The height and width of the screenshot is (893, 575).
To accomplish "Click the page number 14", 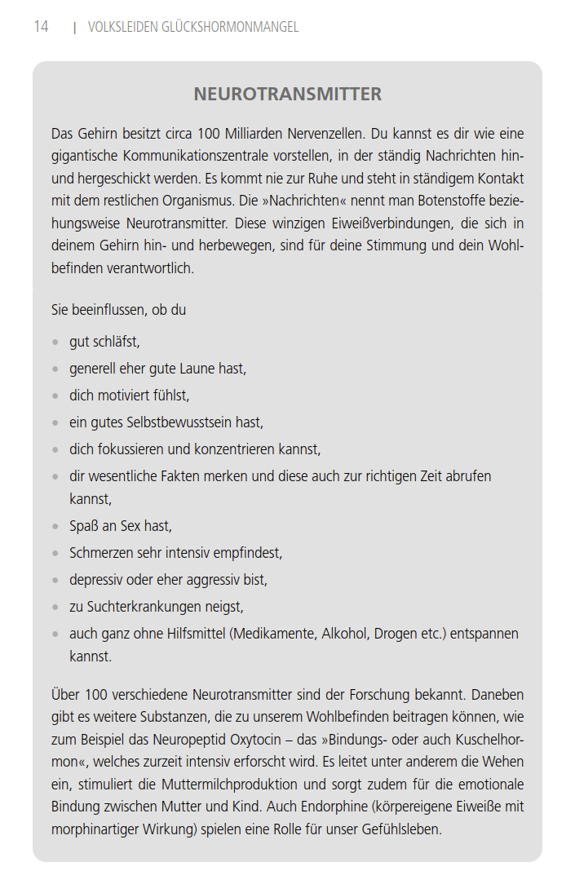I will (x=41, y=27).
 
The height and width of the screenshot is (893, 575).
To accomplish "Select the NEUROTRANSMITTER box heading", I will (x=287, y=95).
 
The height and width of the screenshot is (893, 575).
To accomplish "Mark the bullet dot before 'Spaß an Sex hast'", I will (x=55, y=527).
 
